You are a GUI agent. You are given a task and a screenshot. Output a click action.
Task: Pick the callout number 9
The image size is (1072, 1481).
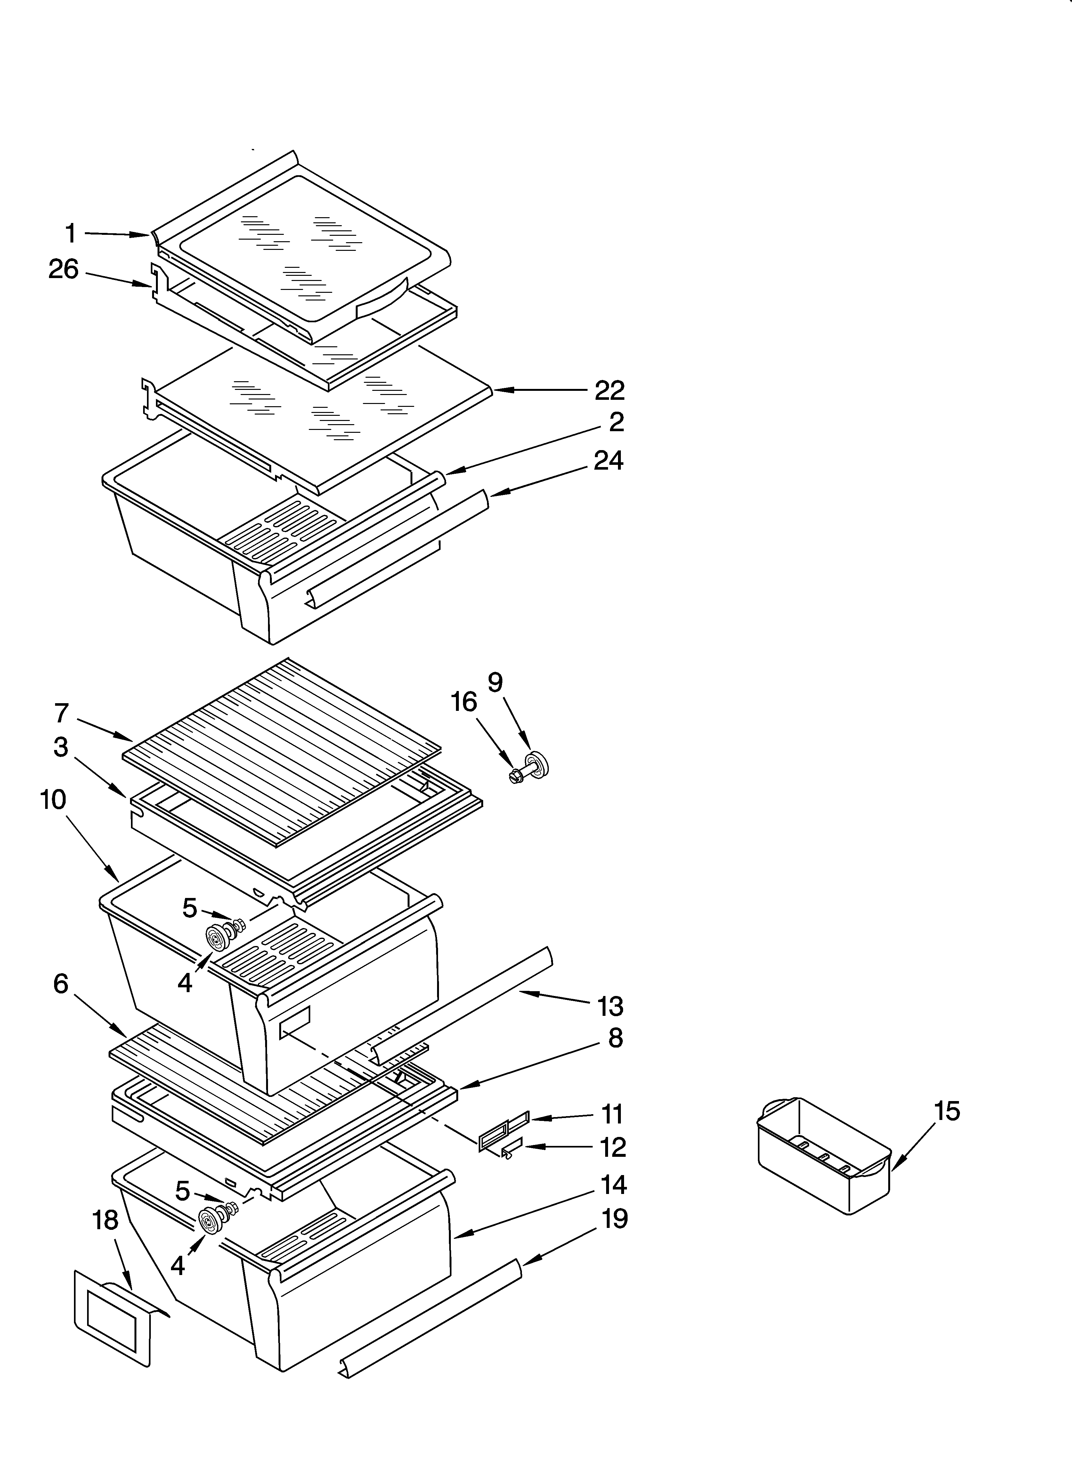click(495, 682)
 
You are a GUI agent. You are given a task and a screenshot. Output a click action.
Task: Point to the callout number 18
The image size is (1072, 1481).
click(106, 1219)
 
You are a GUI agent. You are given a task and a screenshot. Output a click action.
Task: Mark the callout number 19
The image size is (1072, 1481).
click(614, 1219)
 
